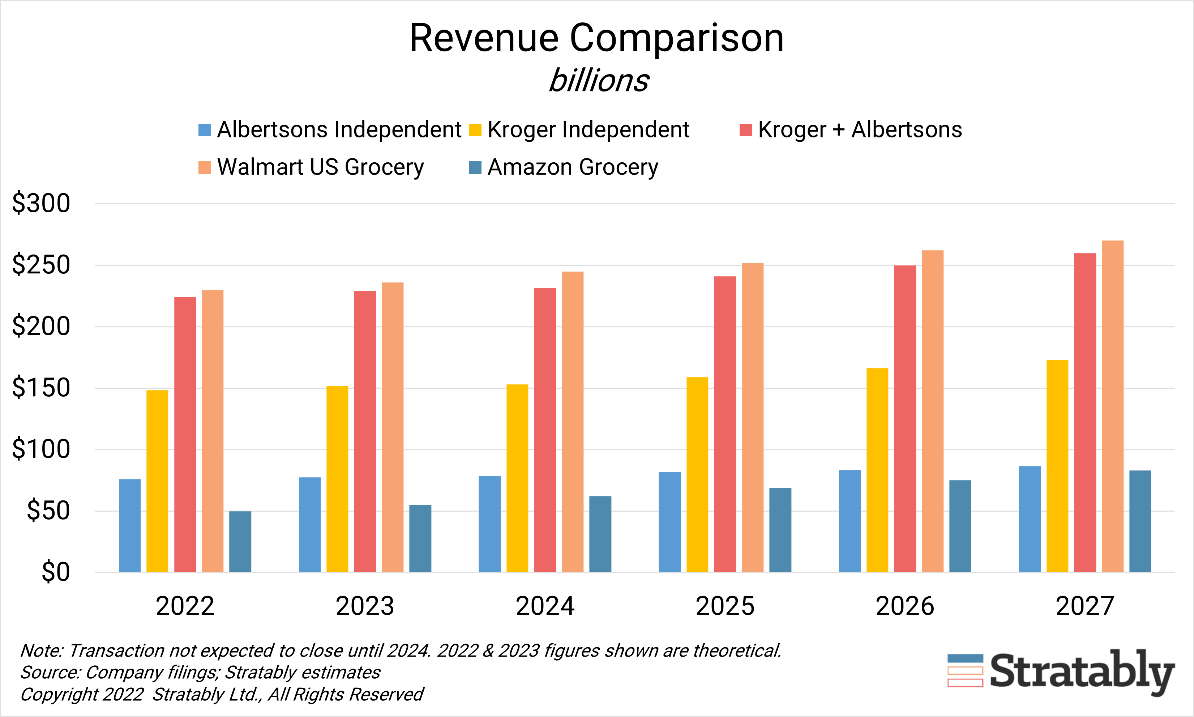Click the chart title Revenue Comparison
[596, 38]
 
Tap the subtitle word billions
[599, 80]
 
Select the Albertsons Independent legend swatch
[205, 130]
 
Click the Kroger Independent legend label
[588, 129]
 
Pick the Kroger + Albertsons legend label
[860, 129]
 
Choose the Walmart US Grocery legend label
[320, 167]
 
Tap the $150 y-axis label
[41, 388]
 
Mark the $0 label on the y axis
[56, 572]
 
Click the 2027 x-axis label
[1085, 606]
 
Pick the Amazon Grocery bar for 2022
[240, 542]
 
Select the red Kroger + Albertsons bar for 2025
[725, 424]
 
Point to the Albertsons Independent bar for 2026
[850, 521]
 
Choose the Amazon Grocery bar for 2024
[600, 534]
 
